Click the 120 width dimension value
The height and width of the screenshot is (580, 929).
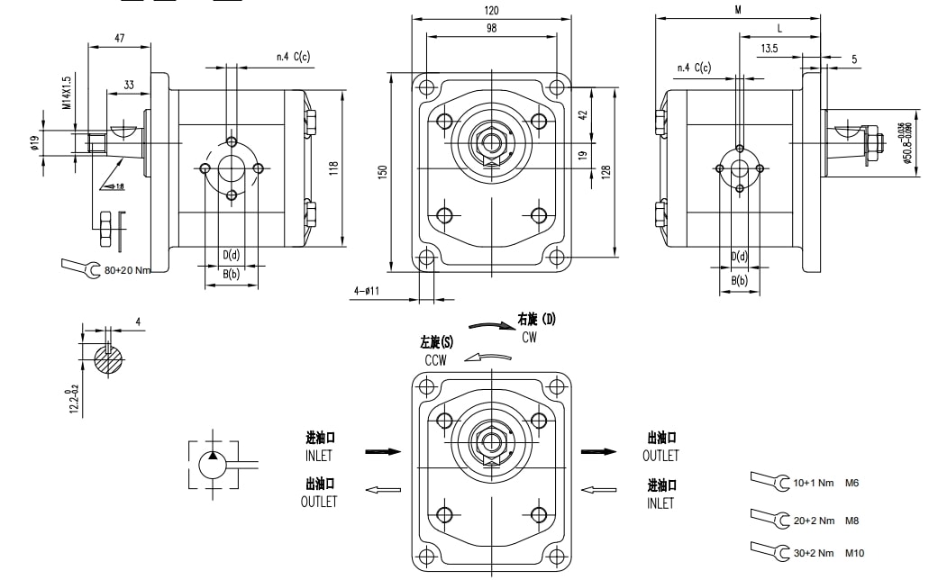pyautogui.click(x=491, y=10)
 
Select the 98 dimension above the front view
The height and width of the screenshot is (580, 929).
pyautogui.click(x=491, y=29)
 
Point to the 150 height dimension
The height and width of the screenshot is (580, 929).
pyautogui.click(x=383, y=171)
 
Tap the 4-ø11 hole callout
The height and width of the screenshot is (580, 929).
pyautogui.click(x=367, y=291)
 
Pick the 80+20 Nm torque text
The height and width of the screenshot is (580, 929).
pyautogui.click(x=127, y=269)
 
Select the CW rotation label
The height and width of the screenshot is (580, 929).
pyautogui.click(x=530, y=337)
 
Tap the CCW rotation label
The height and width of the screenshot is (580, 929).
pyautogui.click(x=437, y=359)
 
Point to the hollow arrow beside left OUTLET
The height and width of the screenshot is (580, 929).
pyautogui.click(x=382, y=490)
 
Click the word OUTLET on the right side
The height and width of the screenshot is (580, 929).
pyautogui.click(x=660, y=456)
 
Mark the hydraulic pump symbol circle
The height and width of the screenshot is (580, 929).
pyautogui.click(x=213, y=466)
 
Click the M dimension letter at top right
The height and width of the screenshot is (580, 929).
pyautogui.click(x=737, y=10)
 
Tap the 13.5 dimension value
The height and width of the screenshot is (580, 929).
pyautogui.click(x=770, y=48)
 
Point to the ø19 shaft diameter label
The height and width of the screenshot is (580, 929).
pyautogui.click(x=35, y=142)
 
